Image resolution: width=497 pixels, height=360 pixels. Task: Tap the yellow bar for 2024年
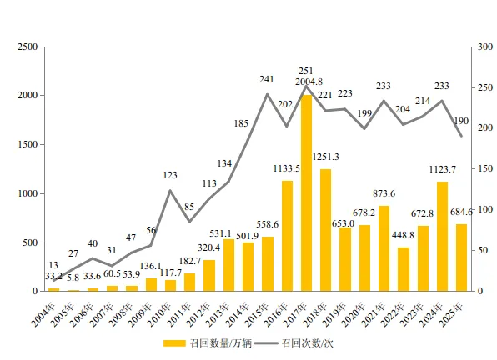tap(443, 237)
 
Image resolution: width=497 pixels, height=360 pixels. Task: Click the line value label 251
tap(306, 71)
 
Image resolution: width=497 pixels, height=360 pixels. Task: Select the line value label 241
tap(267, 80)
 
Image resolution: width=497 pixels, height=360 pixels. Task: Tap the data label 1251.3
tap(326, 157)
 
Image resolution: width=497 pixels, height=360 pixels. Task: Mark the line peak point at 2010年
tap(170, 191)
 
